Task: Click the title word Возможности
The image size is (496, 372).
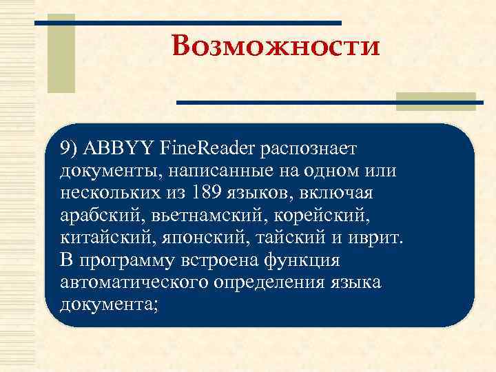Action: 276,47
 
